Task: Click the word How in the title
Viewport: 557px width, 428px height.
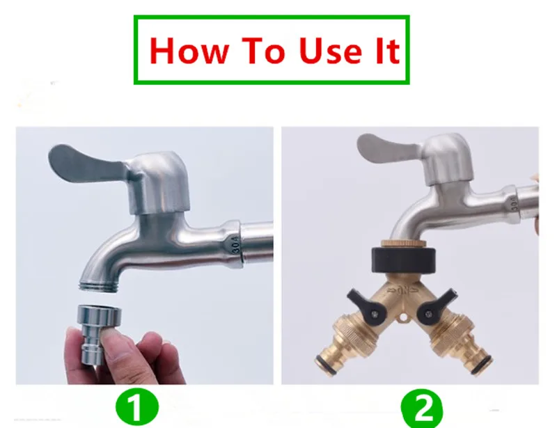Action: pyautogui.click(x=189, y=50)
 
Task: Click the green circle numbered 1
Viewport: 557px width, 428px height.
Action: pyautogui.click(x=137, y=406)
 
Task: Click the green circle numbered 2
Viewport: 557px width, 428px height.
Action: pyautogui.click(x=422, y=408)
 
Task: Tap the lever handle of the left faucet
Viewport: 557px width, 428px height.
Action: pyautogui.click(x=89, y=164)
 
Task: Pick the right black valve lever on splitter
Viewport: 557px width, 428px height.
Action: pyautogui.click(x=437, y=306)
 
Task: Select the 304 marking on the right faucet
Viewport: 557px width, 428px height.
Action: pyautogui.click(x=515, y=203)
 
